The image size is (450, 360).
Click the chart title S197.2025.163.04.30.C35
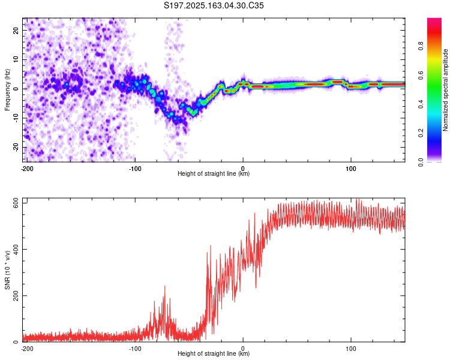pos(214,5)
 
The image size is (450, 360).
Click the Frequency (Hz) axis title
pos(7,90)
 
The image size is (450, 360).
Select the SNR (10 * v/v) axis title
pos(7,270)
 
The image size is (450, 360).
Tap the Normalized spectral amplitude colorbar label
pos(445,90)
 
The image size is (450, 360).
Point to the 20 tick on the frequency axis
pos(16,30)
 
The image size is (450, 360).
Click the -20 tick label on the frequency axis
pos(16,147)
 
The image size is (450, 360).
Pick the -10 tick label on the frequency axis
pos(16,118)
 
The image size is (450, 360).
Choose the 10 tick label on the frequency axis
pos(16,59)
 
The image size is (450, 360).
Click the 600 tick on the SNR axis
pos(16,203)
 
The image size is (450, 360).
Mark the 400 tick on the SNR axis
pos(16,249)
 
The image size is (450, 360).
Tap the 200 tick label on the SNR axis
pos(16,295)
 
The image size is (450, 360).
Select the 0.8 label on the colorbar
pos(421,46)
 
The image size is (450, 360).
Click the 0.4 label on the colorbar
pos(421,104)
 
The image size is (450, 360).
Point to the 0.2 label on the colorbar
pos(421,133)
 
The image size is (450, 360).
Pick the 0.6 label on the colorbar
pos(421,75)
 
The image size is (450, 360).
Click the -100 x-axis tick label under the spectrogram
pos(135,169)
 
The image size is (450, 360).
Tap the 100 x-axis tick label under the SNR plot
pos(351,349)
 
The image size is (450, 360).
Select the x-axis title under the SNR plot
pos(214,353)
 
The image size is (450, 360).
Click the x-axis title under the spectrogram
pos(214,173)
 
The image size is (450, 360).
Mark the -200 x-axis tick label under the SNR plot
pos(27,349)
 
